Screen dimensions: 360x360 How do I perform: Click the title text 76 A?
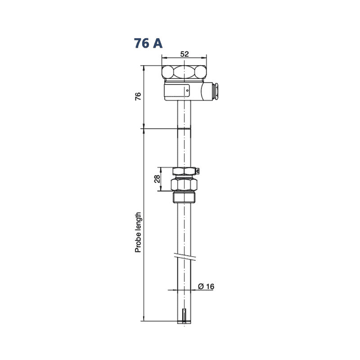pyautogui.click(x=148, y=43)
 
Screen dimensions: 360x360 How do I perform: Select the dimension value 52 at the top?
pyautogui.click(x=184, y=54)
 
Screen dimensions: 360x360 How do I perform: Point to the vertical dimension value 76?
pyautogui.click(x=138, y=96)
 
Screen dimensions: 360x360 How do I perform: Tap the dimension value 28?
pyautogui.click(x=157, y=179)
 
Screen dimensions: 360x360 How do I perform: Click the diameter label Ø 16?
pyautogui.click(x=206, y=286)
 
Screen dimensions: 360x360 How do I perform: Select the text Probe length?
pyautogui.click(x=138, y=233)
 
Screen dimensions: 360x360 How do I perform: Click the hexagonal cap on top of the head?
pyautogui.click(x=184, y=72)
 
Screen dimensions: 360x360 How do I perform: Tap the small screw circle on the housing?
pyautogui.click(x=187, y=90)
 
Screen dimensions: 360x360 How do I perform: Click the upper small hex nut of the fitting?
pyautogui.click(x=184, y=171)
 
